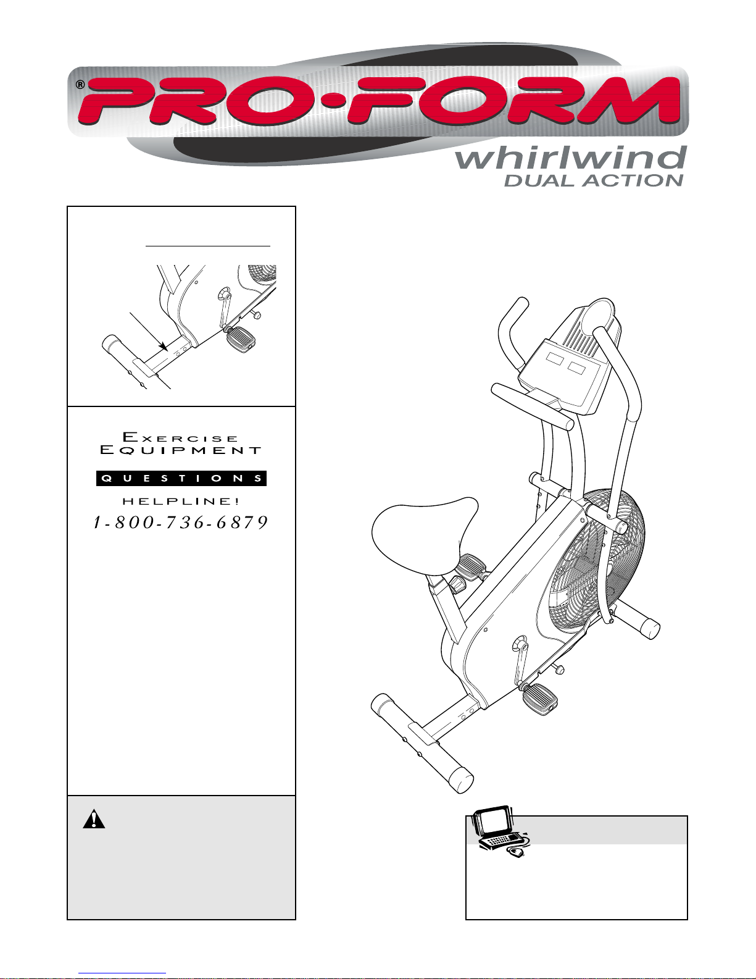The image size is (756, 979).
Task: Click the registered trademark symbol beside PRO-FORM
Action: [x=80, y=85]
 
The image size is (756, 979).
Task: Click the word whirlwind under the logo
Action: [x=571, y=158]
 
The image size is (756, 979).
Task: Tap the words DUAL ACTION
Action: [x=594, y=180]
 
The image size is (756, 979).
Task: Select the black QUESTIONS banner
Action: [x=181, y=478]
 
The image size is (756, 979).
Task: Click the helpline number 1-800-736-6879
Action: [x=180, y=522]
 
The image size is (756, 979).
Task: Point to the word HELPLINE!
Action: [x=181, y=501]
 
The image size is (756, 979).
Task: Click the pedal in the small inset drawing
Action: [x=241, y=339]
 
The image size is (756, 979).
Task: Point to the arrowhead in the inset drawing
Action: [x=164, y=347]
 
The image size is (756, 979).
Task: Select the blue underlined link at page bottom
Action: [x=122, y=973]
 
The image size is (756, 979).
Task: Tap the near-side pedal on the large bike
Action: [x=540, y=700]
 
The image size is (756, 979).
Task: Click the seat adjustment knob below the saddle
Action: [x=458, y=584]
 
